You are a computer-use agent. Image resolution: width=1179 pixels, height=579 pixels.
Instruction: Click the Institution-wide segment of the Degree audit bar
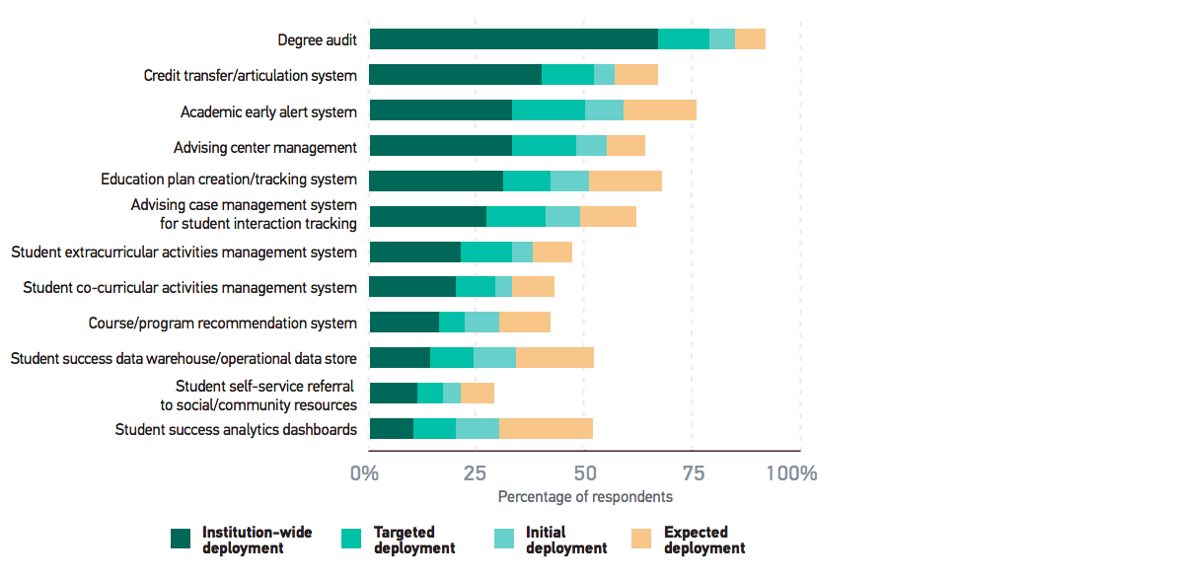click(x=513, y=39)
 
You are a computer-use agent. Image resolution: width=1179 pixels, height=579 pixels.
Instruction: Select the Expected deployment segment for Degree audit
click(x=750, y=39)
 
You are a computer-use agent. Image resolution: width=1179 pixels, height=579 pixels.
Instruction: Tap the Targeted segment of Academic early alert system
click(x=549, y=110)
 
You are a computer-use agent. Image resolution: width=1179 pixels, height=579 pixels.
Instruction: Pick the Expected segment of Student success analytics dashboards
click(x=546, y=429)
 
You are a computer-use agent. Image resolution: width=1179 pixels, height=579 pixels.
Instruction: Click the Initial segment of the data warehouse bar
click(x=494, y=358)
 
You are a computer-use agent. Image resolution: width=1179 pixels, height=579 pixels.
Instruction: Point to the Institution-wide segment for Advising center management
click(x=440, y=146)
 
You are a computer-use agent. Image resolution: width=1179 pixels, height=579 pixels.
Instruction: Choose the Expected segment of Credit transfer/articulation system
click(x=636, y=75)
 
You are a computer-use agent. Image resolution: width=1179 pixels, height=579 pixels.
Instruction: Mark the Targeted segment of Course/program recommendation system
click(x=452, y=323)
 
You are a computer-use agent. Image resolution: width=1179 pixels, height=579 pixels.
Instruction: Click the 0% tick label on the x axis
click(x=364, y=473)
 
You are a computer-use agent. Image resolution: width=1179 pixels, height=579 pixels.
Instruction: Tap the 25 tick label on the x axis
click(x=475, y=473)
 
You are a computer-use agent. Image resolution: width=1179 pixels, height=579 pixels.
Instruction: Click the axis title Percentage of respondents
click(x=585, y=497)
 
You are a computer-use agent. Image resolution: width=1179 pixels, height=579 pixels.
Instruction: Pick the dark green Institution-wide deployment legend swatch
click(x=181, y=539)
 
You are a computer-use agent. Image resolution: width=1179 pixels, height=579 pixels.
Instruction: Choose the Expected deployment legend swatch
click(x=641, y=539)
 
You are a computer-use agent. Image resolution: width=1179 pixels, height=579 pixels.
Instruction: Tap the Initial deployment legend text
click(x=566, y=540)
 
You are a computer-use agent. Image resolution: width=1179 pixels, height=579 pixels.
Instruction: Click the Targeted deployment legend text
click(x=414, y=540)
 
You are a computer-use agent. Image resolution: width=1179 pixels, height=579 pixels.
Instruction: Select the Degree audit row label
click(x=317, y=40)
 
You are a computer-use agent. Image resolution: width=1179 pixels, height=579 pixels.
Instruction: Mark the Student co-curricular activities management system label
click(x=189, y=288)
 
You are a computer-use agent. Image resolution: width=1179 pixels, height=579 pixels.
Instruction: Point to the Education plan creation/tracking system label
click(x=229, y=180)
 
